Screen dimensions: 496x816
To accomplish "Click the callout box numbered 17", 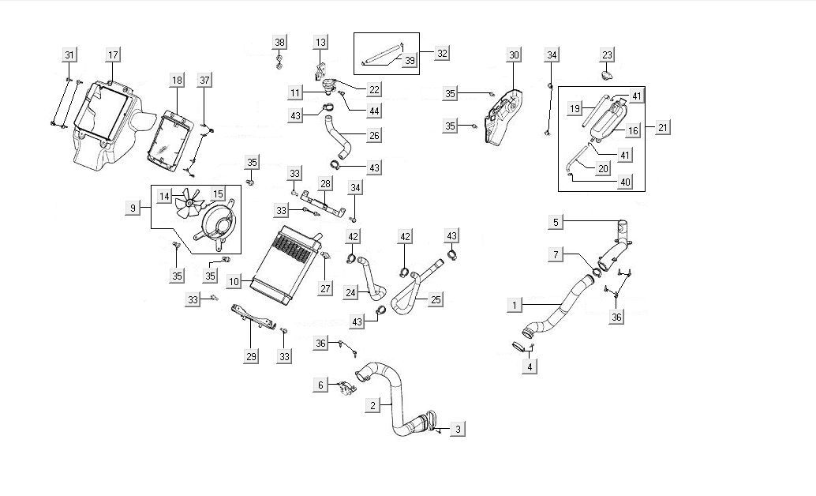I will pyautogui.click(x=113, y=54).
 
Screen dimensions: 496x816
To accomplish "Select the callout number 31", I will pyautogui.click(x=69, y=54).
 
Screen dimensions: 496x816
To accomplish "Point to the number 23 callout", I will pyautogui.click(x=607, y=54).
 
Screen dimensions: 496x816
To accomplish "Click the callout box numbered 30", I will pyautogui.click(x=514, y=54).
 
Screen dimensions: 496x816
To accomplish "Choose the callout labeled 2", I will pyautogui.click(x=371, y=406).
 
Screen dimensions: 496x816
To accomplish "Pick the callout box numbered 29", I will pyautogui.click(x=252, y=357).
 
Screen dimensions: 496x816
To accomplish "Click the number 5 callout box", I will pyautogui.click(x=556, y=223).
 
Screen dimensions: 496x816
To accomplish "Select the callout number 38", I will pyautogui.click(x=279, y=41).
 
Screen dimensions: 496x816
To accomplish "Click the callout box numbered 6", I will pyautogui.click(x=320, y=385).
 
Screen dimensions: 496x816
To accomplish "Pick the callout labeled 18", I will pyautogui.click(x=177, y=81).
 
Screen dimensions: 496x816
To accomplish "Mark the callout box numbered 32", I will pyautogui.click(x=443, y=54).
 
